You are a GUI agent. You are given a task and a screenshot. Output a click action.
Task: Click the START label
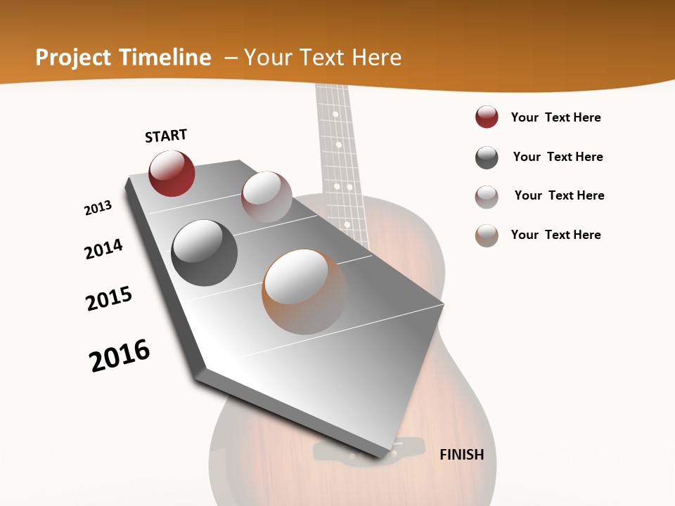(166, 136)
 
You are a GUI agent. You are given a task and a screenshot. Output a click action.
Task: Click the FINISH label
(462, 455)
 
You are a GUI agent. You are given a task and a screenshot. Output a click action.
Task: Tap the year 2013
(98, 208)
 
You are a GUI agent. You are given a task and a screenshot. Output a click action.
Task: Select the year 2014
(103, 249)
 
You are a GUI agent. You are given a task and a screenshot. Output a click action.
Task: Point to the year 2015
(109, 299)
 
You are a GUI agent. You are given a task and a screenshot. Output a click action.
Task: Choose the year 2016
(120, 356)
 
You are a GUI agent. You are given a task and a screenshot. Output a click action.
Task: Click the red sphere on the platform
(172, 173)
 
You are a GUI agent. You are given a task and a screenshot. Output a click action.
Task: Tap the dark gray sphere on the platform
(205, 253)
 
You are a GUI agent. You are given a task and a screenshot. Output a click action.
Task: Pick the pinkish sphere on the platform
(266, 197)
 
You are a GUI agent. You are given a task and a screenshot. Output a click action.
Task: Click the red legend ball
(487, 117)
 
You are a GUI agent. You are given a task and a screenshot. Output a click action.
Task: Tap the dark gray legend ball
(487, 157)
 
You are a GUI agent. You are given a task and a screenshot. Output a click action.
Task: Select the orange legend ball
(487, 235)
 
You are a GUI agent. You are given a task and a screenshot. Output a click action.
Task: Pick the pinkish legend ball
(487, 197)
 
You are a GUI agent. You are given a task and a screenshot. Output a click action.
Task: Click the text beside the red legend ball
(555, 117)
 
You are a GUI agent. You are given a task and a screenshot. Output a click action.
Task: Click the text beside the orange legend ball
(555, 235)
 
